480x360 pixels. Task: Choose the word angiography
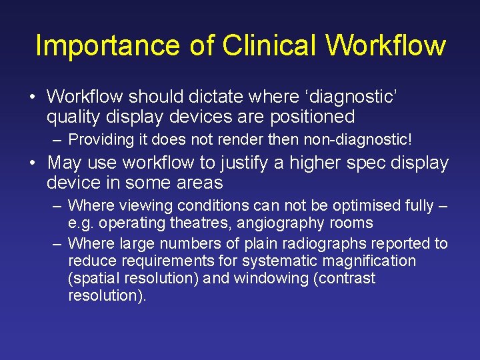pos(279,223)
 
